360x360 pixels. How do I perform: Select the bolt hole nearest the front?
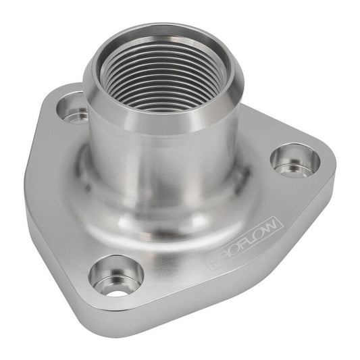click(115, 276)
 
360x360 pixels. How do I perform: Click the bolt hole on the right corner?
click(295, 159)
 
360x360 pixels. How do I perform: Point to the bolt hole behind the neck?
click(74, 109)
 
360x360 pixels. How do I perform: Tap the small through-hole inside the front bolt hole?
click(115, 292)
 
